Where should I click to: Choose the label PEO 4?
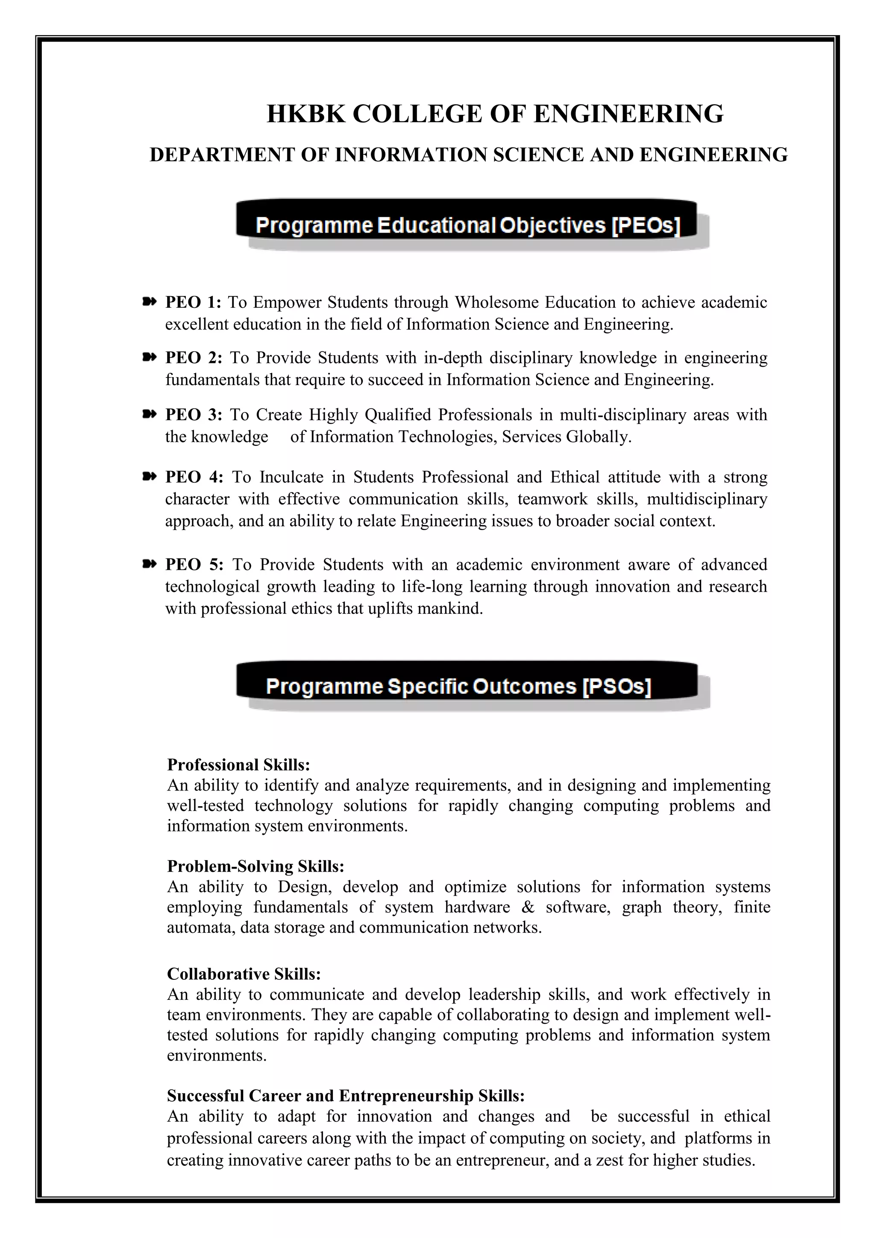[194, 477]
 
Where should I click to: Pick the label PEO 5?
[194, 565]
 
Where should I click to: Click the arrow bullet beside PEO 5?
[149, 563]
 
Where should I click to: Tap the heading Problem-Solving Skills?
[255, 866]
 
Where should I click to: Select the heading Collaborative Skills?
[244, 974]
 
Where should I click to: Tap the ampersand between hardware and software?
[528, 907]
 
